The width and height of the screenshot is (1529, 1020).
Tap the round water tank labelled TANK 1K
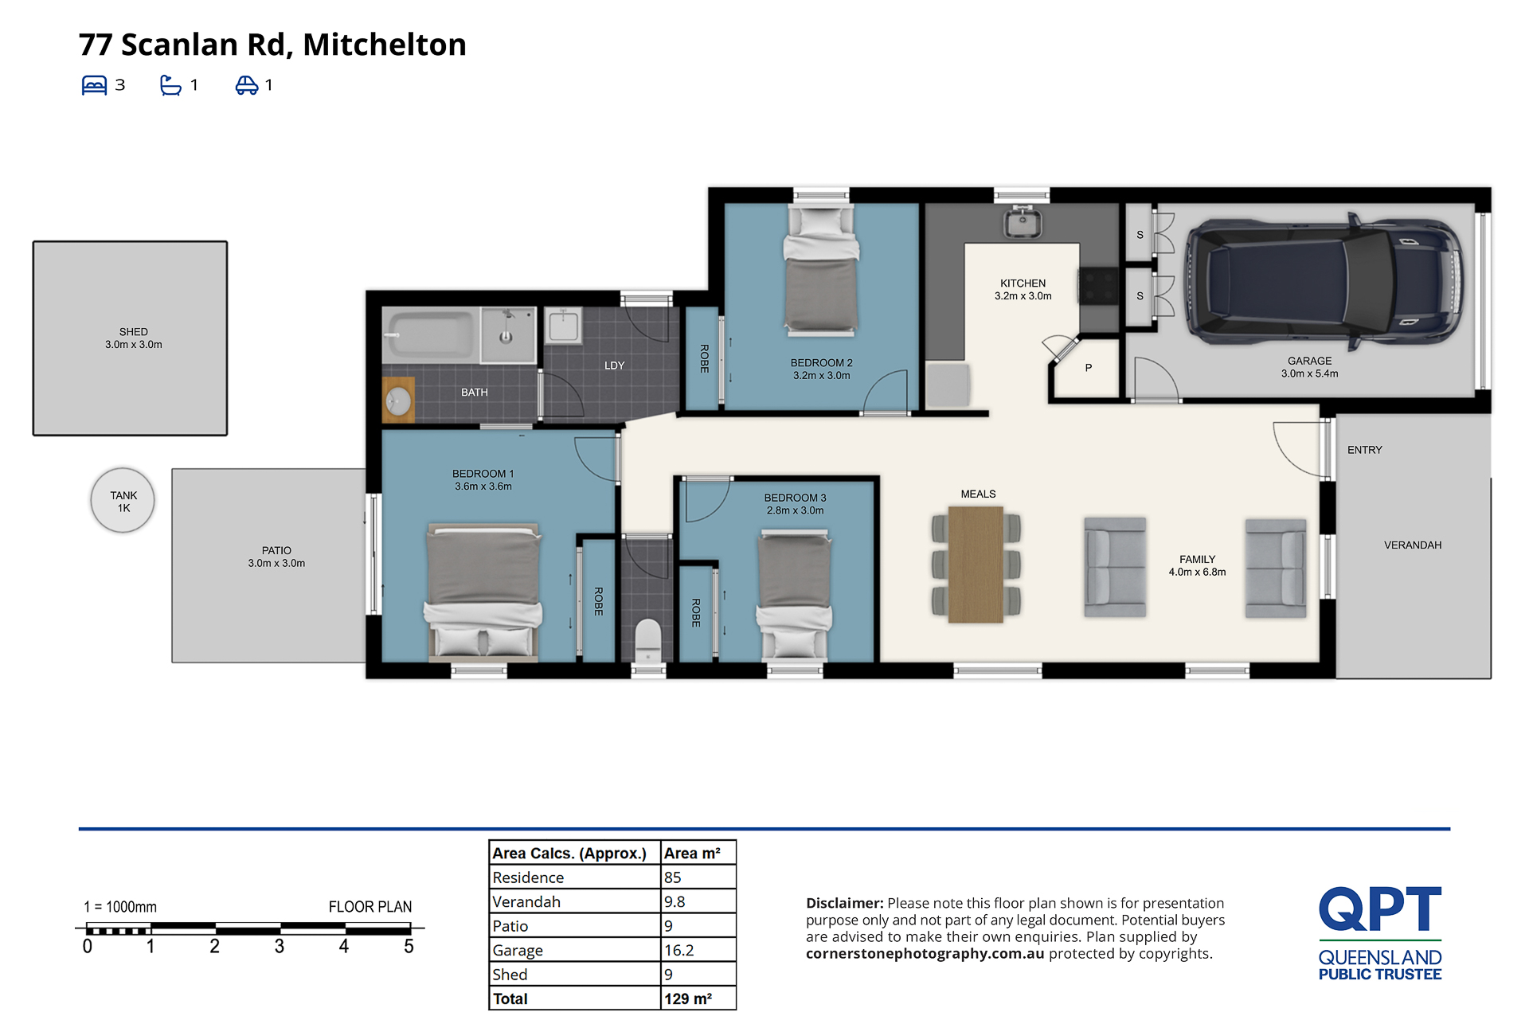click(123, 500)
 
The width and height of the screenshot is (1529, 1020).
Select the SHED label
click(134, 332)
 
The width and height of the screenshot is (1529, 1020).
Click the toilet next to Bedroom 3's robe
click(648, 640)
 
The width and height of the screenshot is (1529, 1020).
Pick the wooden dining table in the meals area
click(976, 565)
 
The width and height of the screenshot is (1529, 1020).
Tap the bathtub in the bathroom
click(429, 334)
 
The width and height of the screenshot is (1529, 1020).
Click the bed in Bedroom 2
click(821, 268)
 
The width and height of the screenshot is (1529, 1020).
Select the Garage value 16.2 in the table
click(678, 950)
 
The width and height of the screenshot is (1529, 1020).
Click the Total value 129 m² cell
click(688, 999)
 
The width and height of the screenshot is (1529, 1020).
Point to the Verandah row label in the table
click(526, 901)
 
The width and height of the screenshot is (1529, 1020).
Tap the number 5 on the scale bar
click(409, 946)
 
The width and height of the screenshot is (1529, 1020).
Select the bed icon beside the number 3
click(94, 85)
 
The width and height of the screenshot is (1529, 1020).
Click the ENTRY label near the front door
click(1364, 450)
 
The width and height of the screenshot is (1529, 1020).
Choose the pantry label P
click(1088, 368)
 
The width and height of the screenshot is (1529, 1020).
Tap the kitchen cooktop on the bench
click(1098, 287)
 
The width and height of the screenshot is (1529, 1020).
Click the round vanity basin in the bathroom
click(398, 401)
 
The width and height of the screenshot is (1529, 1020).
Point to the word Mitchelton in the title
click(385, 45)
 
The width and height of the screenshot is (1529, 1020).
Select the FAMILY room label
click(1197, 559)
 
